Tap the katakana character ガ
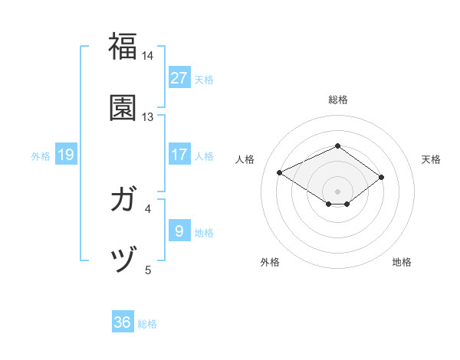(123, 200)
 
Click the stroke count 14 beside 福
(148, 56)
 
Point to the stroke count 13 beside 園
(148, 117)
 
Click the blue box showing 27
(179, 78)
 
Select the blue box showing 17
(179, 155)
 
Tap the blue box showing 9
(179, 231)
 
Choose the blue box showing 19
(66, 155)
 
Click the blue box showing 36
(123, 322)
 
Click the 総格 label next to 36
(147, 324)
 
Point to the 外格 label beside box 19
(41, 156)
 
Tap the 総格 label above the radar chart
(337, 100)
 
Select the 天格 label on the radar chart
(431, 159)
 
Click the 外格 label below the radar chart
(270, 262)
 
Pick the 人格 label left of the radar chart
(245, 159)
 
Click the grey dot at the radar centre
(337, 191)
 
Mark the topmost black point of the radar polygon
(337, 146)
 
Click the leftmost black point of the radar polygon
(280, 172)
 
